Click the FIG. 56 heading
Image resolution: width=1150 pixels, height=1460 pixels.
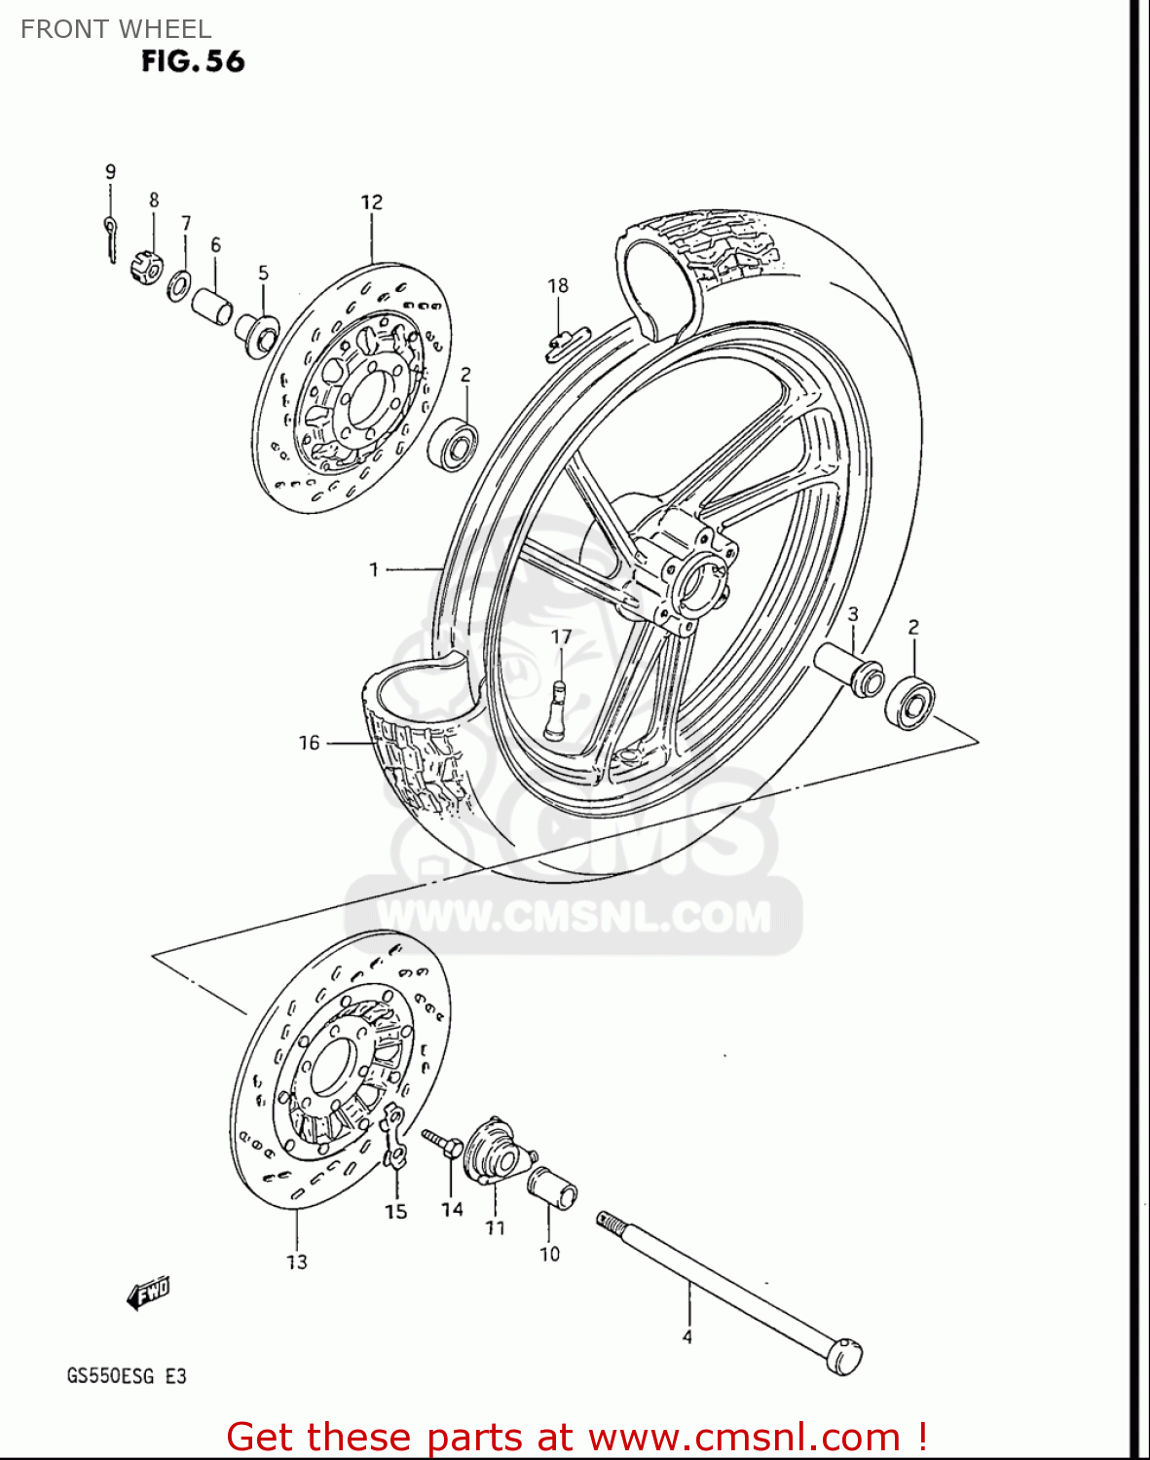[x=193, y=61]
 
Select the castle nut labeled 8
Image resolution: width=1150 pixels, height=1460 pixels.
[x=146, y=266]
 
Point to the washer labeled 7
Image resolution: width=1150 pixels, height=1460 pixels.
[x=178, y=286]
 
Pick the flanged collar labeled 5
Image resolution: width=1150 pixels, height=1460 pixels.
[x=256, y=334]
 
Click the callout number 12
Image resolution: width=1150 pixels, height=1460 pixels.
[x=372, y=202]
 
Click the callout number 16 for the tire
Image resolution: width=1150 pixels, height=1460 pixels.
[x=309, y=743]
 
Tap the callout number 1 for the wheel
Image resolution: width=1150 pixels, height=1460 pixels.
[x=374, y=569]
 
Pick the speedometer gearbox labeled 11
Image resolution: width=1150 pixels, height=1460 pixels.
[x=496, y=1152]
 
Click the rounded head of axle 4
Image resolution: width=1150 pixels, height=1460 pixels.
[x=843, y=1356]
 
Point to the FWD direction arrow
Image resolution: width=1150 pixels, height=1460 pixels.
[x=148, y=1294]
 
